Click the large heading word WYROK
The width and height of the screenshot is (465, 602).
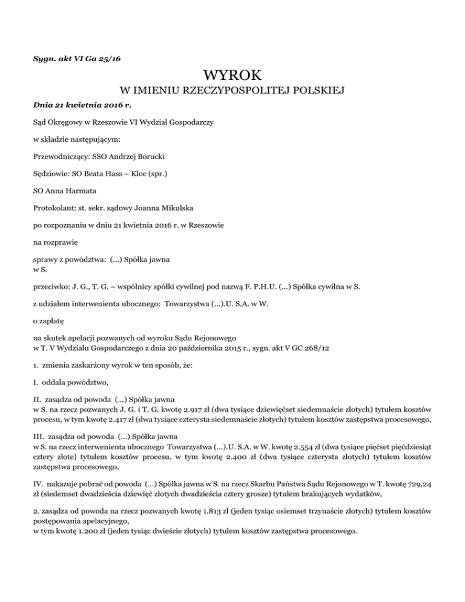click(x=232, y=76)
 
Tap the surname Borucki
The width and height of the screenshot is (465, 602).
click(x=148, y=156)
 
